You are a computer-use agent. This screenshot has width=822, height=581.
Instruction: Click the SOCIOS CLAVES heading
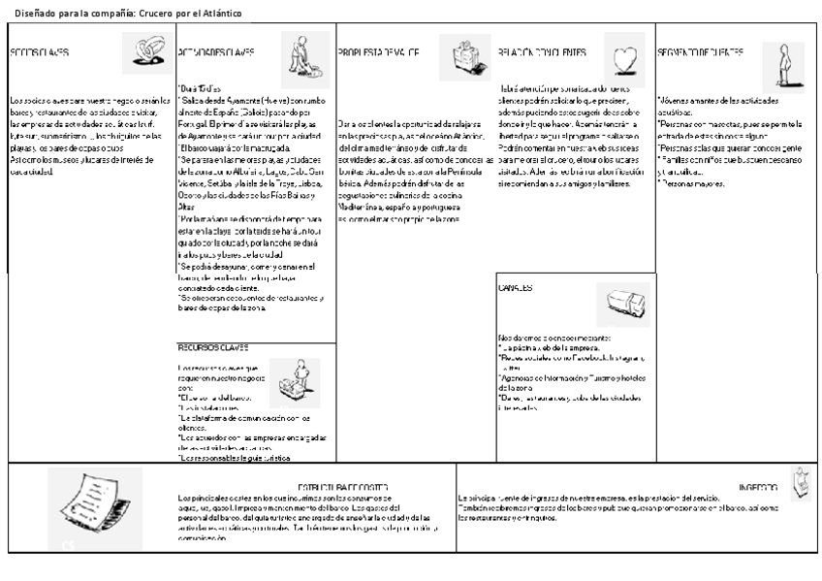point(40,52)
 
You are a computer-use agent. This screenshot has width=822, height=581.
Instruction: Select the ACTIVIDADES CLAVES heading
point(216,52)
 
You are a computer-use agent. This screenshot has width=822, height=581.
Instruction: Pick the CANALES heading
point(516,288)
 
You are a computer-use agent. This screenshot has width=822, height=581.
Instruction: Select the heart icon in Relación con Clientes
point(624,55)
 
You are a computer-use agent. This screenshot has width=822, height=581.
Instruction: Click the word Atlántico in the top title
point(222,13)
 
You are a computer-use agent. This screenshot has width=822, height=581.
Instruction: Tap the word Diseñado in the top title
point(34,13)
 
